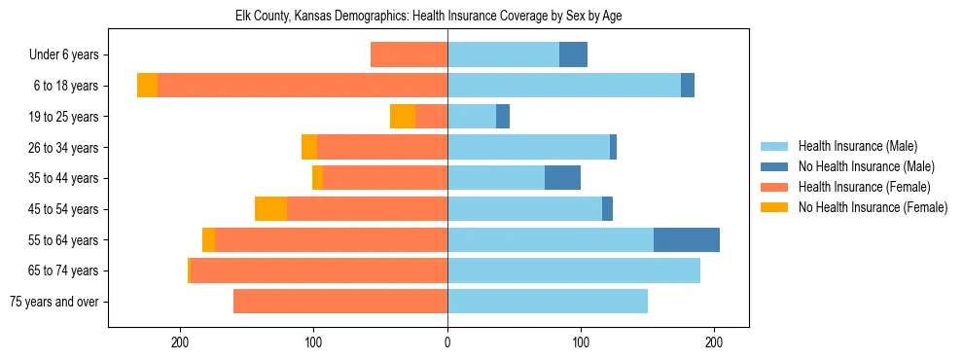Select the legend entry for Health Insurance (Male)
(x=857, y=146)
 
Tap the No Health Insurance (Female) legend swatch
(x=776, y=207)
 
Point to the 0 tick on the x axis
(x=447, y=343)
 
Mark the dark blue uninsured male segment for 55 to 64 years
(x=687, y=240)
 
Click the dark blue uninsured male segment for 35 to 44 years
(x=562, y=178)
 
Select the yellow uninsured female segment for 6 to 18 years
(x=147, y=86)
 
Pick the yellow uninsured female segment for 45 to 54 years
(x=270, y=209)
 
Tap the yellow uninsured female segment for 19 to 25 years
(x=403, y=117)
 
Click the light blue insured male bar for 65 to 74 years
(x=574, y=270)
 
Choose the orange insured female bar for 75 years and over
(x=340, y=302)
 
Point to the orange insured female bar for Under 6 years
(x=409, y=55)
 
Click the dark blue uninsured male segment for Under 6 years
(x=573, y=55)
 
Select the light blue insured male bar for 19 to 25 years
(x=472, y=117)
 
